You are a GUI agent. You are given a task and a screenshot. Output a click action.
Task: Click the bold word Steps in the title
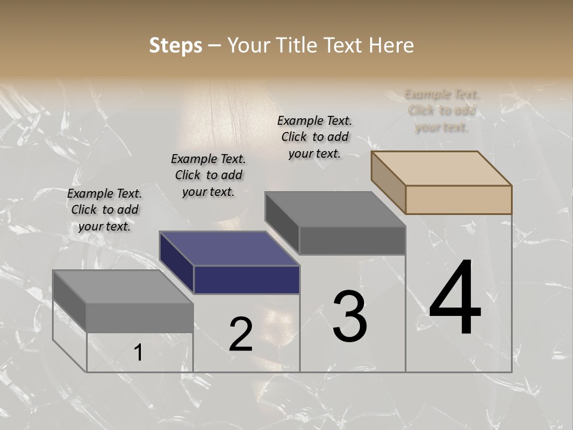click(175, 45)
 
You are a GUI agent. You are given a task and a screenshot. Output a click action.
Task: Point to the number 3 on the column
click(350, 317)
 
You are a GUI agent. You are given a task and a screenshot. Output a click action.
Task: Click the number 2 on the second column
click(241, 334)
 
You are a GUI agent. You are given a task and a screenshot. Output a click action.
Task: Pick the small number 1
click(138, 353)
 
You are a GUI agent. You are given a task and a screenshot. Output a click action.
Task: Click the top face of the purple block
click(230, 248)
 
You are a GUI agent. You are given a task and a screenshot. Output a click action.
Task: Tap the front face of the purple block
click(247, 280)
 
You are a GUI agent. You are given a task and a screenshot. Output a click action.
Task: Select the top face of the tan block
click(442, 168)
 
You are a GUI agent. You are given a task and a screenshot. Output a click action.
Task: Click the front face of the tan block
click(458, 199)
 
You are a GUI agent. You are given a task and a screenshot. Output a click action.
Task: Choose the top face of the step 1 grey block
click(123, 287)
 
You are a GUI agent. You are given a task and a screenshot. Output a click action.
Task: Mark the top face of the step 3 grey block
click(335, 209)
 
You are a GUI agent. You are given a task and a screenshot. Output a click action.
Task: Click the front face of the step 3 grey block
click(352, 241)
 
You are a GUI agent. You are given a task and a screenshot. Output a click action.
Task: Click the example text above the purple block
click(208, 175)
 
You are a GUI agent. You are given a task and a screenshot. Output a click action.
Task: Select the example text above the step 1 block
click(104, 210)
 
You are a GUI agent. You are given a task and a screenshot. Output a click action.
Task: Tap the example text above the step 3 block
click(315, 137)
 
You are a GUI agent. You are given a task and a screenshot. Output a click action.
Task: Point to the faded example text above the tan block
click(442, 110)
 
